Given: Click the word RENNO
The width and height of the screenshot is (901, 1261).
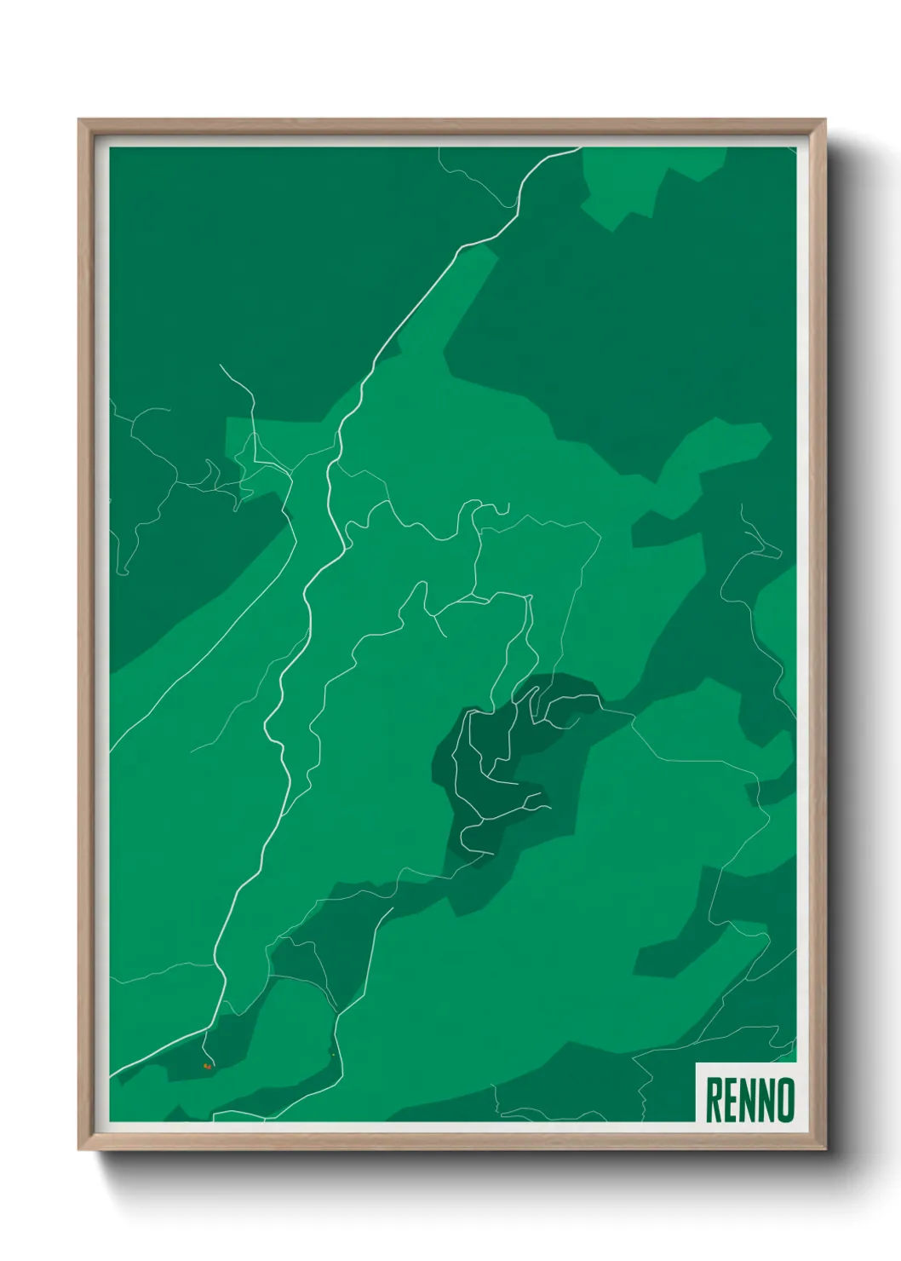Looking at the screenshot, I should (x=749, y=1100).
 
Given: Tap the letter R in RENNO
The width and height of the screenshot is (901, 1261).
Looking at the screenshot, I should (x=714, y=1100).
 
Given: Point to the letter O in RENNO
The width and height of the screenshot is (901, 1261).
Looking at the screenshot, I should (x=786, y=1100).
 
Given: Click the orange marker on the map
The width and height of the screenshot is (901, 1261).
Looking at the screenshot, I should (x=206, y=1066).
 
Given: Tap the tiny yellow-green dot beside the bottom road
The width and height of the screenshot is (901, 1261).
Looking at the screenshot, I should (x=333, y=1056).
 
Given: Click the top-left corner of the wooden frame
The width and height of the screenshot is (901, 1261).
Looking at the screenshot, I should (x=80, y=121).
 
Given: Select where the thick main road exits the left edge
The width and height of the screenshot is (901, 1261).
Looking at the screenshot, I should (x=112, y=1075).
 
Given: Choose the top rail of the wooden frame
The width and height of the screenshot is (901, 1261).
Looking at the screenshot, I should (x=451, y=126).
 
